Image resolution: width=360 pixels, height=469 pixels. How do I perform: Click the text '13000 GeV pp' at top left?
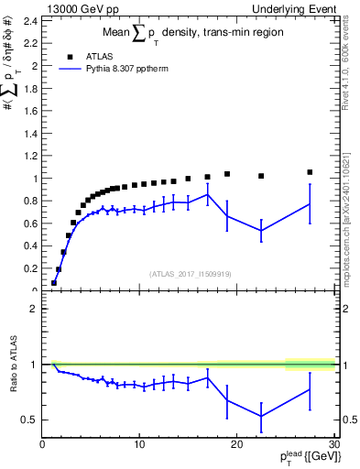pos(77,8)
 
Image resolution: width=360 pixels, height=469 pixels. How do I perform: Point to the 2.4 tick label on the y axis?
pos(30,21)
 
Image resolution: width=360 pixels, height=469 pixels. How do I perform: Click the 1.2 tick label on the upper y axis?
pos(30,156)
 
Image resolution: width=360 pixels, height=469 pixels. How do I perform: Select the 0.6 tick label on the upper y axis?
pos(30,224)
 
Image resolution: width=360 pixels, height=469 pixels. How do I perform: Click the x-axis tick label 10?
pos(139,445)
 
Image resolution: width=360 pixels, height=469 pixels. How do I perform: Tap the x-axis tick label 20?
pos(236,445)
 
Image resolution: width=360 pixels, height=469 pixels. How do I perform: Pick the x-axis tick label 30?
pos(333,445)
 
